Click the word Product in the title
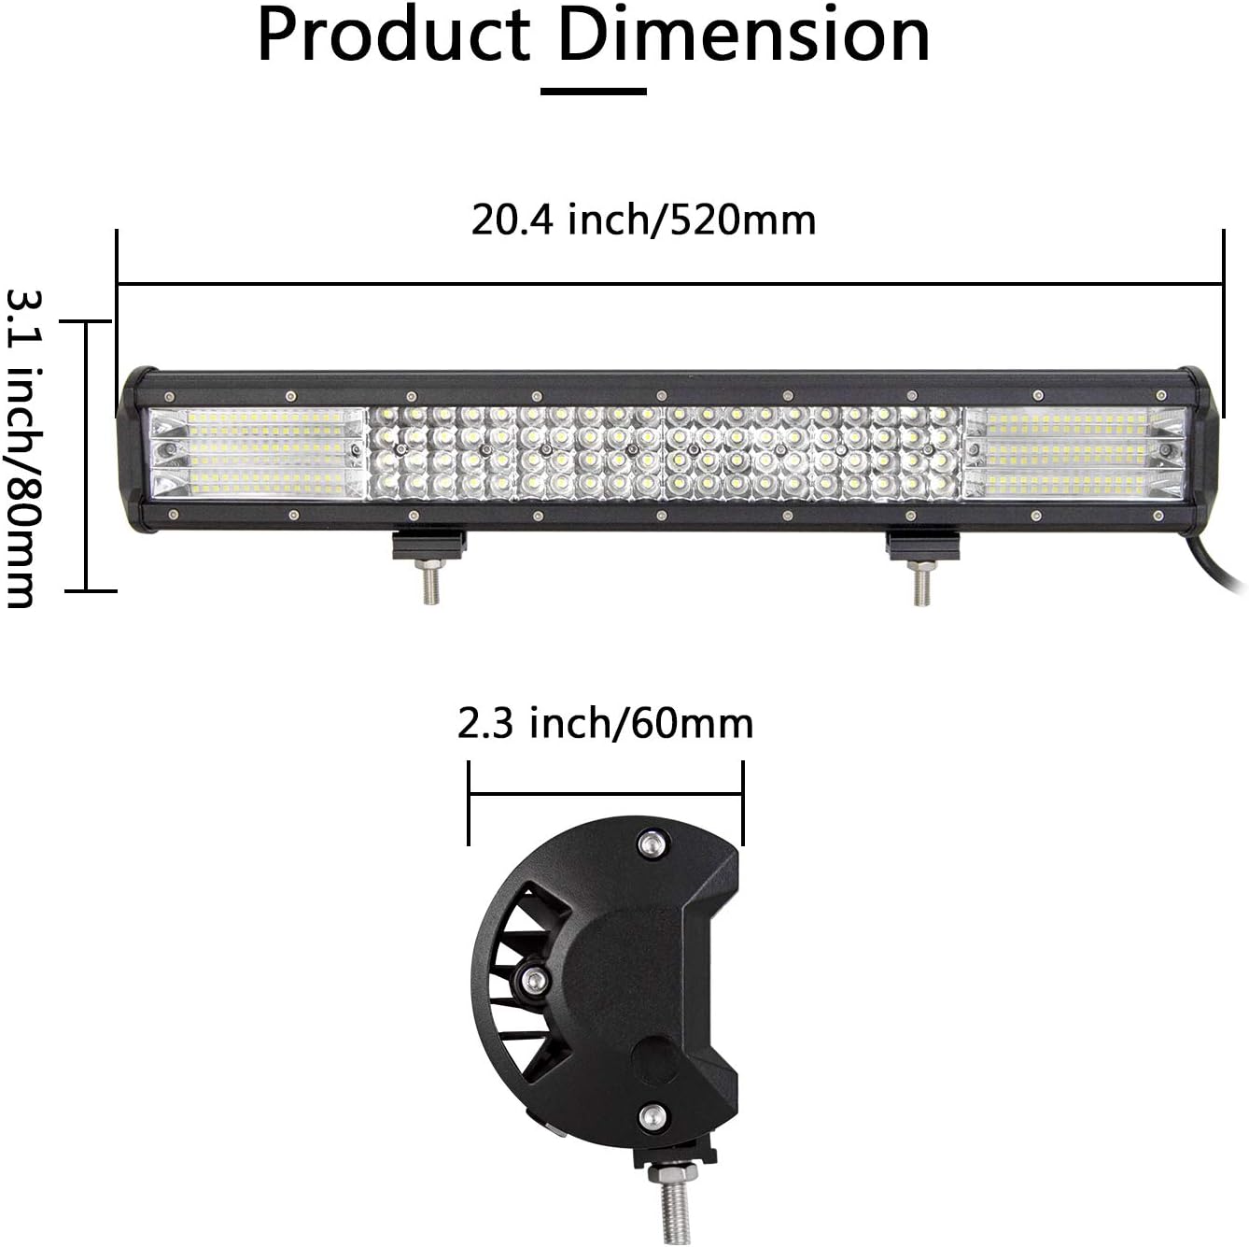tap(393, 36)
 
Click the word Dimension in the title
tap(743, 36)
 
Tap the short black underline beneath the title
tap(594, 92)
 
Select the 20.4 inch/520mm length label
tap(643, 220)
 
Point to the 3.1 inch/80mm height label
tap(21, 448)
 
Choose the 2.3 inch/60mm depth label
tap(605, 723)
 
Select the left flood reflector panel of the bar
tap(258, 452)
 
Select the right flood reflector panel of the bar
tap(1075, 452)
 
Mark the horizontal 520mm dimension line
tap(669, 282)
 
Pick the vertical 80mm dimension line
tap(87, 456)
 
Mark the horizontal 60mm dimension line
tap(605, 795)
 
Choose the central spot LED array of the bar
tap(665, 452)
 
